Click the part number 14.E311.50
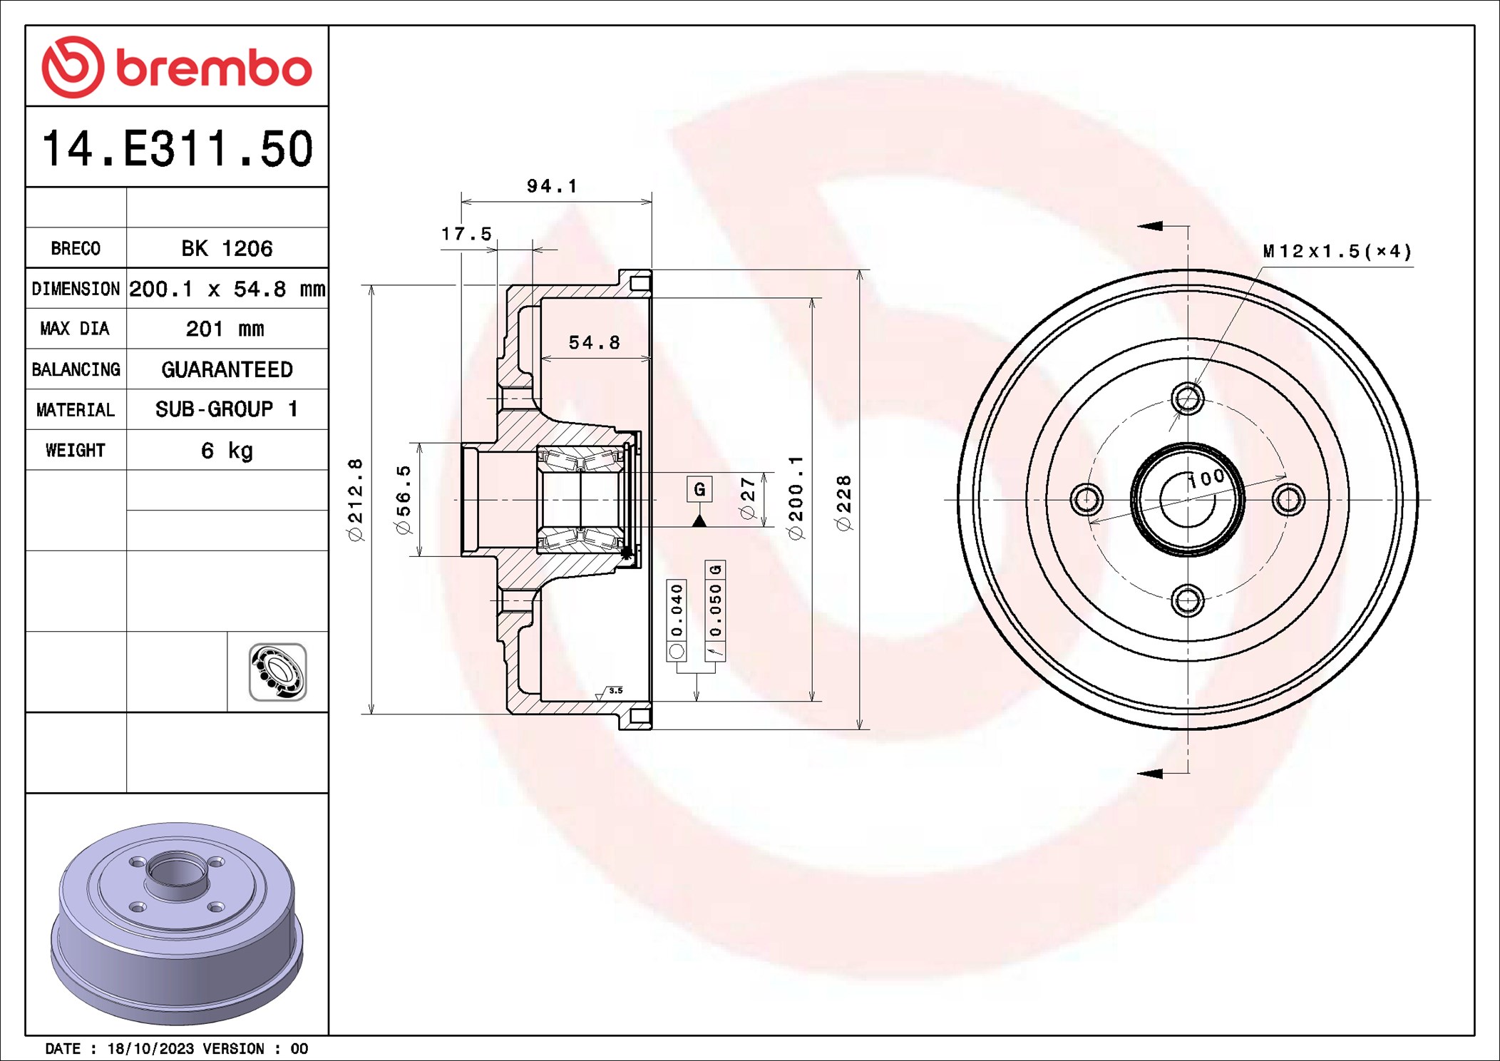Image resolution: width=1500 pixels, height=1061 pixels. (178, 148)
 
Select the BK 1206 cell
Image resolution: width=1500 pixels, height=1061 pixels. (227, 248)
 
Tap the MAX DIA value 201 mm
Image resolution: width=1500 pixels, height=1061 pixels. (225, 329)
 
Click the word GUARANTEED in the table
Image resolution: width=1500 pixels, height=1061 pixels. (227, 369)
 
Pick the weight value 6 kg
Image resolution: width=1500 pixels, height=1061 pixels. (227, 451)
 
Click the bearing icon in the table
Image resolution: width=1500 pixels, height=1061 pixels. (277, 672)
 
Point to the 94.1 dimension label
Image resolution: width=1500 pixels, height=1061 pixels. (552, 186)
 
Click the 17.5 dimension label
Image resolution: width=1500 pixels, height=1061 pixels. (466, 234)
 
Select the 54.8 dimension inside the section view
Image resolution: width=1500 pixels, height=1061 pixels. (594, 343)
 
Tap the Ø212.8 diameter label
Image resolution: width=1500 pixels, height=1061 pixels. (355, 499)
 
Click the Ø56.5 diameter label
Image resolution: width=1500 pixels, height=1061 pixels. (404, 499)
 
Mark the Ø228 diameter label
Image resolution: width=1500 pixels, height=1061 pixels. (843, 503)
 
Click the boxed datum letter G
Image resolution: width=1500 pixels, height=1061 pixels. (699, 489)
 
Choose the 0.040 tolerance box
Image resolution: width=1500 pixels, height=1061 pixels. (677, 610)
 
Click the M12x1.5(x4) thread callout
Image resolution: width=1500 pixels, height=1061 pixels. (1337, 251)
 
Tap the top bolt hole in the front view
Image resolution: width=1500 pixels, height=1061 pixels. (1188, 398)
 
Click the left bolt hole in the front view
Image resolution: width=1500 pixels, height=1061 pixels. (1087, 499)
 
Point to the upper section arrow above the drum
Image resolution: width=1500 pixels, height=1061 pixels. (1150, 226)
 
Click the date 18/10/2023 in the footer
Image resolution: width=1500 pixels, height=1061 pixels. (150, 1049)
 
